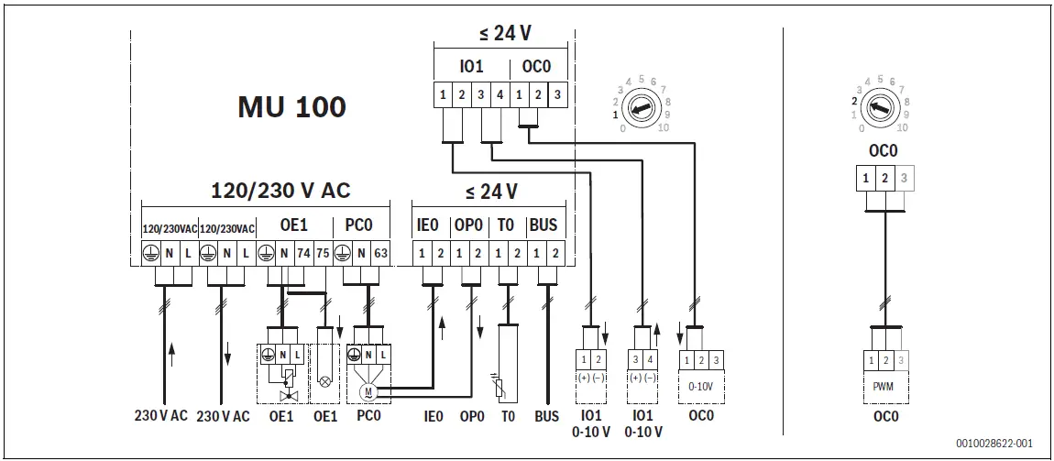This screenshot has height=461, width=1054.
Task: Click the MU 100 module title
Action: click(x=291, y=107)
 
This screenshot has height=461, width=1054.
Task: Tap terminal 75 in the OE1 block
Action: click(x=323, y=252)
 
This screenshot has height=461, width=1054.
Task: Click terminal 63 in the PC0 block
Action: click(x=379, y=252)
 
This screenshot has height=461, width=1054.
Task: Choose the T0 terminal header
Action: click(x=506, y=225)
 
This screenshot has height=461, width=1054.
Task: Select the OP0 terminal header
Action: click(x=468, y=225)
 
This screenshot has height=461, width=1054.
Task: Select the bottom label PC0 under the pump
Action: click(x=368, y=416)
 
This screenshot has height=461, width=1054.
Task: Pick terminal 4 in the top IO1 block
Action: click(x=500, y=94)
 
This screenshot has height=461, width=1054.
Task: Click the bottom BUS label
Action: click(x=546, y=416)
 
